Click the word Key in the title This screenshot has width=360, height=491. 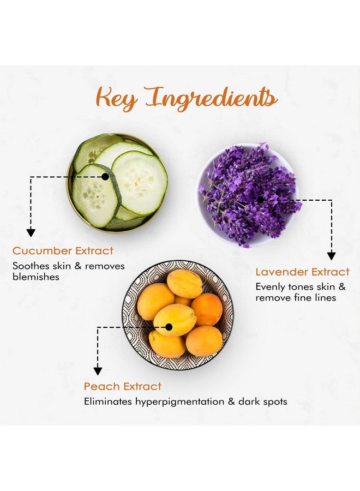[x=116, y=98]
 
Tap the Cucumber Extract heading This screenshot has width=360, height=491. [x=63, y=251]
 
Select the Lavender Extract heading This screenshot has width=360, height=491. [x=302, y=272]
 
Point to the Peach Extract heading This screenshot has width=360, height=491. [x=122, y=386]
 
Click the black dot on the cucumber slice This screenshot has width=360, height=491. [x=105, y=177]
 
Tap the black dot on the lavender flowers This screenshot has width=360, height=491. [x=260, y=200]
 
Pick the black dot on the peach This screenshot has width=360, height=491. [x=169, y=327]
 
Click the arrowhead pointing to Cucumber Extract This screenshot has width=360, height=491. [x=31, y=232]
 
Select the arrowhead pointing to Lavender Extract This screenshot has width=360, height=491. [x=332, y=256]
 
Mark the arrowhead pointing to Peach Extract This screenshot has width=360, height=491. [x=98, y=371]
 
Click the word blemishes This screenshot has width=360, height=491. [x=36, y=277]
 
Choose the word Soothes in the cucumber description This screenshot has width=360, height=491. [x=31, y=266]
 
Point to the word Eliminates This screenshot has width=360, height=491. [x=107, y=402]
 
